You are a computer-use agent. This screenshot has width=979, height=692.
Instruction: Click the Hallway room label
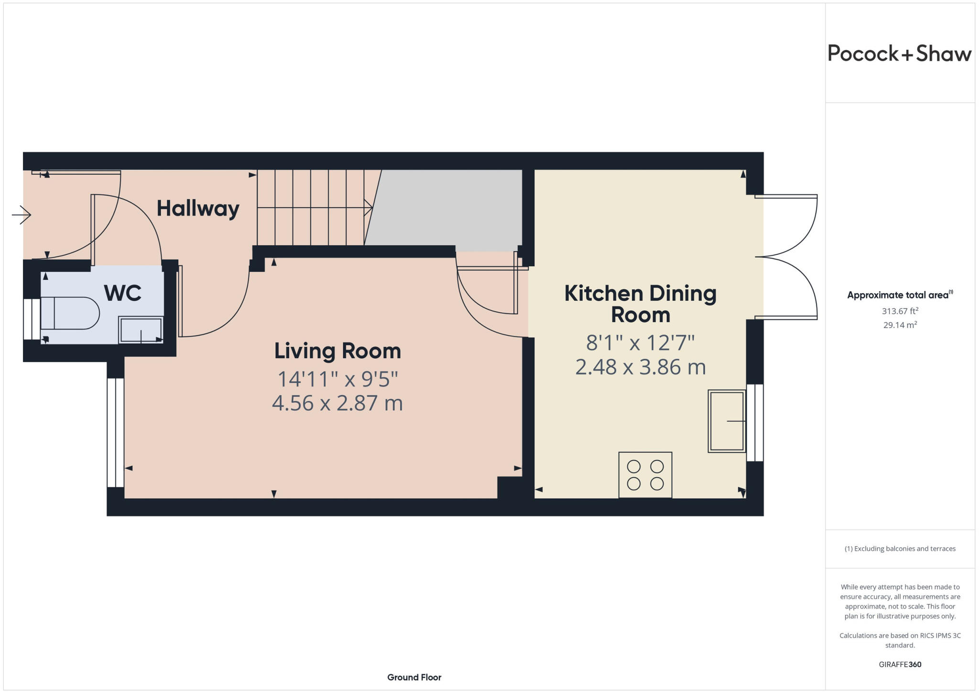click(198, 209)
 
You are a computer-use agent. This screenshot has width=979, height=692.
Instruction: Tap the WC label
click(123, 293)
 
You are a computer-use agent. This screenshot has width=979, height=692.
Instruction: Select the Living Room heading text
click(337, 351)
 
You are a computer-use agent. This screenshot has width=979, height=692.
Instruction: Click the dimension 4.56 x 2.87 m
click(337, 403)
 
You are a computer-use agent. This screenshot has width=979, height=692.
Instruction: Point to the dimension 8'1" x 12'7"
click(640, 342)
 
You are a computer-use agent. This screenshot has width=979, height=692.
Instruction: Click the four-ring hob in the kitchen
click(645, 475)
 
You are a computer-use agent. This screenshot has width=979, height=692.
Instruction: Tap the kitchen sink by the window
click(727, 421)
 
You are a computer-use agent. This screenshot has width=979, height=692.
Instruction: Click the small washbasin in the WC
click(141, 330)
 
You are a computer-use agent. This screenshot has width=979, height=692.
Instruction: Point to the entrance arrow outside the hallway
click(22, 214)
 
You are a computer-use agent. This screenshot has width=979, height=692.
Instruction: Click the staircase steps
click(311, 208)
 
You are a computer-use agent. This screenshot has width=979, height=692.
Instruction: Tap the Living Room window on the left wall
click(115, 432)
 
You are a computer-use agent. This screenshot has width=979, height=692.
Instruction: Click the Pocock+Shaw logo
click(899, 54)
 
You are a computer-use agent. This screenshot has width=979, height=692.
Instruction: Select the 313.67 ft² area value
click(900, 311)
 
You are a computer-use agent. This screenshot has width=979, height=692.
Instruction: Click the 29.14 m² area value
click(900, 325)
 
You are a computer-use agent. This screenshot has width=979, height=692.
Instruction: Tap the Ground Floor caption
click(414, 677)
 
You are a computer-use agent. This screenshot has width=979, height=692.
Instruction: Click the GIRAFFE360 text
click(900, 664)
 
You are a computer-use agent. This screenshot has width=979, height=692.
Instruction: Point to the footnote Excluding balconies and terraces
click(900, 549)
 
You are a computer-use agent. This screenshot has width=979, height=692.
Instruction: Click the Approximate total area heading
click(899, 295)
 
